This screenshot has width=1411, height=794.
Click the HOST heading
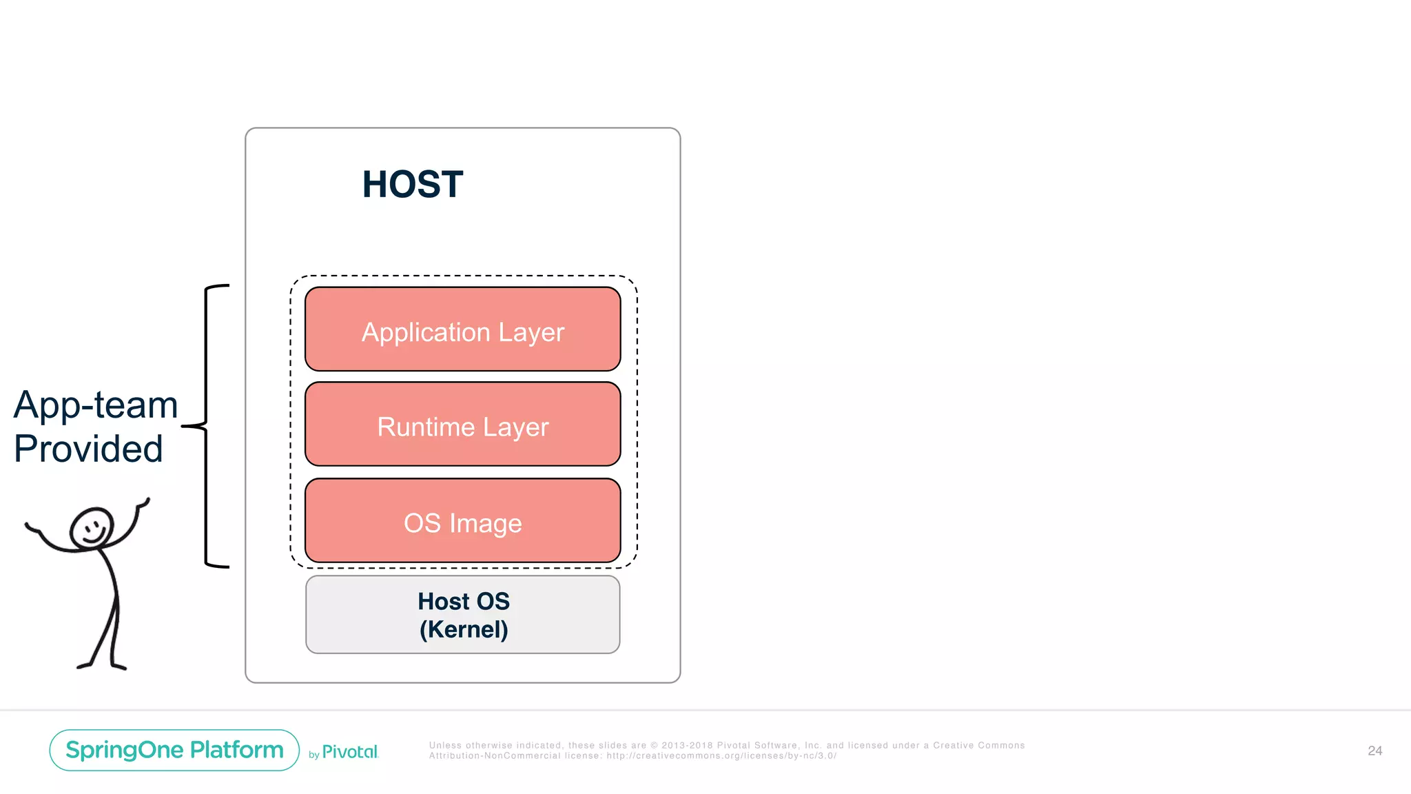pos(413,185)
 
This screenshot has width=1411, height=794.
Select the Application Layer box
pos(462,329)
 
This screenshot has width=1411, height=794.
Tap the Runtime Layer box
pos(462,425)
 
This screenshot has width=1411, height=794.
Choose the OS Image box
pos(462,521)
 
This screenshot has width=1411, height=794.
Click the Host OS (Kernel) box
pos(462,615)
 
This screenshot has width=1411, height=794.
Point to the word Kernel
pos(464,629)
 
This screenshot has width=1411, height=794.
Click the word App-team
pos(96,405)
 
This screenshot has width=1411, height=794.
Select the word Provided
pos(88,449)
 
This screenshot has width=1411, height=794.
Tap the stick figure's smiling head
pos(92,529)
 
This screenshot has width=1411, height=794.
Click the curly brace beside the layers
pos(206,426)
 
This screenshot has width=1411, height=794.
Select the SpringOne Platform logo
pos(174,750)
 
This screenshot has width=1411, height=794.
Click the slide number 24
pos(1374,751)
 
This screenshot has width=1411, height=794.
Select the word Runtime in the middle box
pos(426,427)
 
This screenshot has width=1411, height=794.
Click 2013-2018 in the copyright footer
pos(687,745)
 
